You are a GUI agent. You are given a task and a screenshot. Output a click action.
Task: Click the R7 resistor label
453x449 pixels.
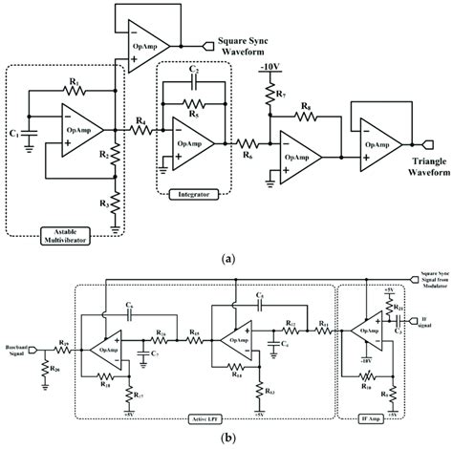(x=281, y=96)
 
